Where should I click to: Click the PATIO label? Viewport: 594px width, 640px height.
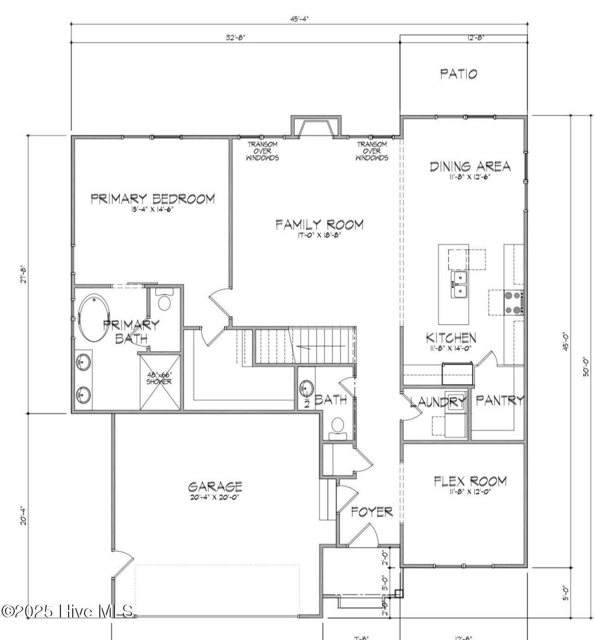tap(459, 74)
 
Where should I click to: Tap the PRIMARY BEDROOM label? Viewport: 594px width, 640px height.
tap(152, 199)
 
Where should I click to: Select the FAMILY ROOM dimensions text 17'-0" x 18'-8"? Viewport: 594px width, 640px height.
tap(319, 236)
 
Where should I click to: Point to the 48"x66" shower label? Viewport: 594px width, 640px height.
tap(159, 378)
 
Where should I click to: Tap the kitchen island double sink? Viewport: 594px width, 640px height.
tap(459, 285)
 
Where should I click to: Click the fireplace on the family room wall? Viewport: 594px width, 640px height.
tap(316, 127)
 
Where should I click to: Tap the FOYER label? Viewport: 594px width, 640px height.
tap(372, 512)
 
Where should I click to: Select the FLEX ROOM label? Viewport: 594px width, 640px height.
tap(470, 481)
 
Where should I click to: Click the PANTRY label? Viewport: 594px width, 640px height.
tap(500, 400)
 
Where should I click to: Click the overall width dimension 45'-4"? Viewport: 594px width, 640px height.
tap(299, 18)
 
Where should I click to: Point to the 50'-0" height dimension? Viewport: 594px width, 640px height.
tap(586, 366)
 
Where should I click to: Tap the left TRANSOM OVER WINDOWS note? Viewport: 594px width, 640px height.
tap(262, 151)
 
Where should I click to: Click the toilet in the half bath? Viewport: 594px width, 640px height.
tap(338, 425)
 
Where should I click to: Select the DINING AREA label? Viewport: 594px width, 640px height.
tap(470, 166)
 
